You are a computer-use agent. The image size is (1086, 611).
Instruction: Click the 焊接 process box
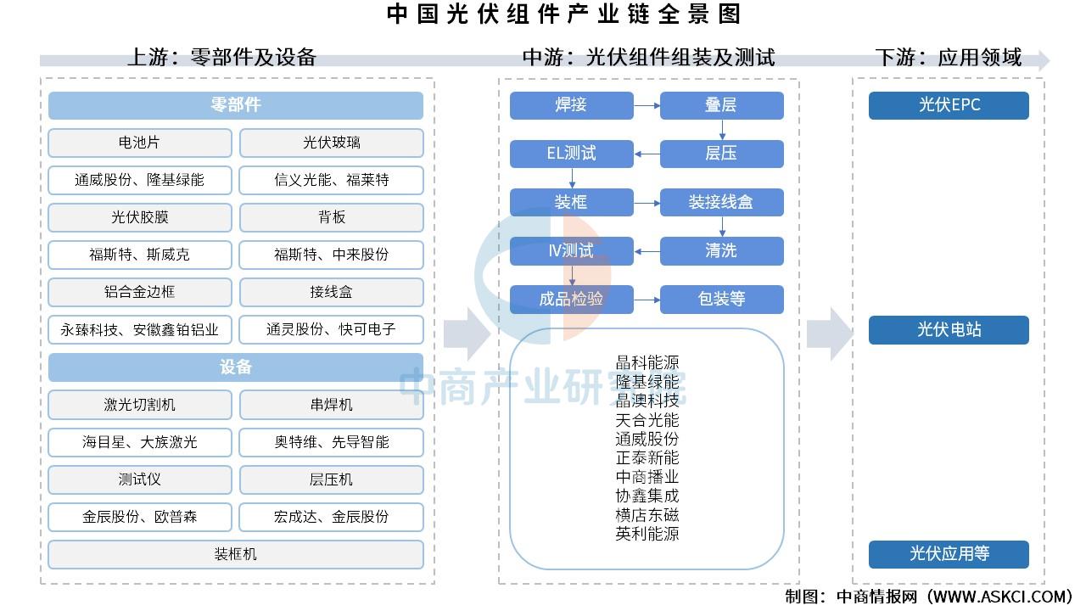[x=572, y=105]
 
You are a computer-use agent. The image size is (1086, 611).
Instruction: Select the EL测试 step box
[x=572, y=154]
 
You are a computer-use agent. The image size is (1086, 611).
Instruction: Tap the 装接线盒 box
[x=722, y=202]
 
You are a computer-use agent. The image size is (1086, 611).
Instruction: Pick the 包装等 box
[x=722, y=300]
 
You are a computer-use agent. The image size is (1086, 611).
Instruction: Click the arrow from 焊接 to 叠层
[x=647, y=105]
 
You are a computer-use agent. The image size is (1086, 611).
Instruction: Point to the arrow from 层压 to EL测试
[x=647, y=154]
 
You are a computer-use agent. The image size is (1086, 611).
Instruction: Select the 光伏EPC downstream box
[x=949, y=105]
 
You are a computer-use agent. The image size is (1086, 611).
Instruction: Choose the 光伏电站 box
[x=949, y=330]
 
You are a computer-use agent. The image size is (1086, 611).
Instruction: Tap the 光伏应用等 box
[x=949, y=554]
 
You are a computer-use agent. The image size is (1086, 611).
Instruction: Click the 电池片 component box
[x=140, y=143]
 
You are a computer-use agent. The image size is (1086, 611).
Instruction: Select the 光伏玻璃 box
[x=332, y=143]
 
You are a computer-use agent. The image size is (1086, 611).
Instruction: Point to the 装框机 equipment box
[x=236, y=554]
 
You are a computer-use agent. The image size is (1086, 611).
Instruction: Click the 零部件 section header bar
[x=236, y=105]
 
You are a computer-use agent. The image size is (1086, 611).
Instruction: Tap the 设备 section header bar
[x=236, y=367]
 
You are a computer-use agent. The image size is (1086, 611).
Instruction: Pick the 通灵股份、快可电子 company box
[x=332, y=330]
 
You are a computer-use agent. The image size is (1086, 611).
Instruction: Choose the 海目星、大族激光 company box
[x=140, y=442]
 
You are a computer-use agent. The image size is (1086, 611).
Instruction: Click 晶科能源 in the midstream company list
[x=647, y=362]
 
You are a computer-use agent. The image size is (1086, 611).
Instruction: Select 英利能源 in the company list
[x=647, y=534]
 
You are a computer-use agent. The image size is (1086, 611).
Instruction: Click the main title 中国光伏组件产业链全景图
[x=564, y=14]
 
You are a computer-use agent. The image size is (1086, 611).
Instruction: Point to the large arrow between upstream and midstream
[x=467, y=334]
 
